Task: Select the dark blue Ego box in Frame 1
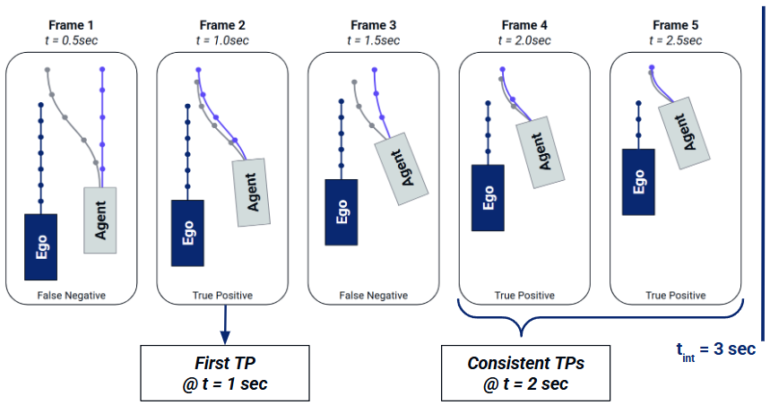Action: [40, 246]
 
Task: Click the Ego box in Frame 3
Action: [342, 211]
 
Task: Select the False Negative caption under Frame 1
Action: [71, 295]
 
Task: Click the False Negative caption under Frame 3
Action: [373, 295]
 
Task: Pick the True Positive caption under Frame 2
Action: [221, 295]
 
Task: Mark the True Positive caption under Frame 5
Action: [675, 295]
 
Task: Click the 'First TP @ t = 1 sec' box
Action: [222, 372]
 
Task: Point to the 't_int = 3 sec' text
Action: [715, 349]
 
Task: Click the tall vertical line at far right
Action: [762, 166]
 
